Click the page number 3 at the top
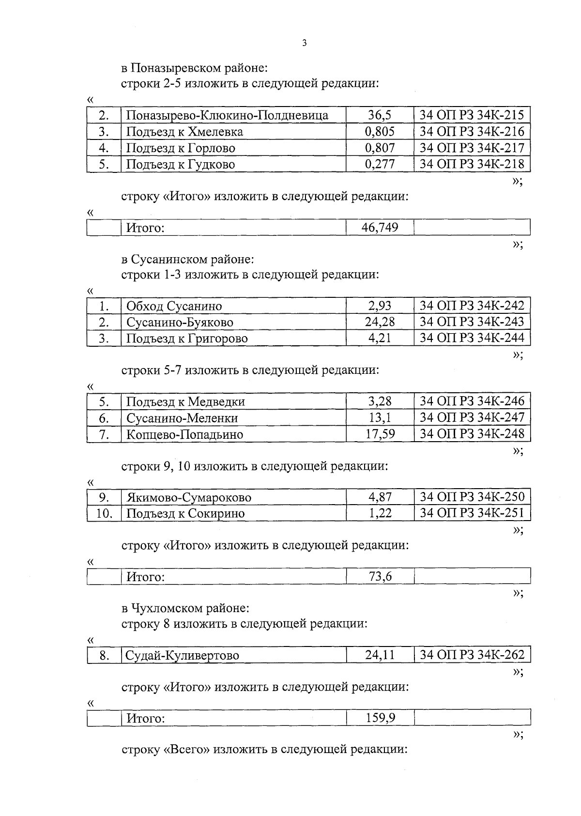304,43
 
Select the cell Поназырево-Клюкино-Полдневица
227,115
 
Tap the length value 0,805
380,132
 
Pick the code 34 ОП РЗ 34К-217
472,148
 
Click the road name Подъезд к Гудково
181,164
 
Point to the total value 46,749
380,227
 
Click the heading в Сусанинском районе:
187,259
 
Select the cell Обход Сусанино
174,306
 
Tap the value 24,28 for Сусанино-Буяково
380,322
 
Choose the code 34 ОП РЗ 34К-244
472,338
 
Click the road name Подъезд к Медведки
185,401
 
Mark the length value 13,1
380,417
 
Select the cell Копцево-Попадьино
184,434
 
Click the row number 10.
104,513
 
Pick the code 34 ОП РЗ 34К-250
472,497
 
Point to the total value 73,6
380,576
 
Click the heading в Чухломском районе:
185,607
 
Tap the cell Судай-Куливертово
183,656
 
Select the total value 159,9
380,718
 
